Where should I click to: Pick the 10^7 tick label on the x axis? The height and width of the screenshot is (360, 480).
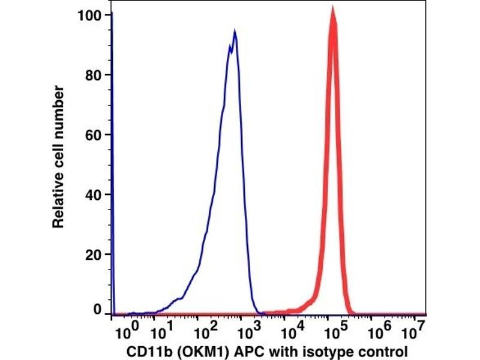413,331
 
